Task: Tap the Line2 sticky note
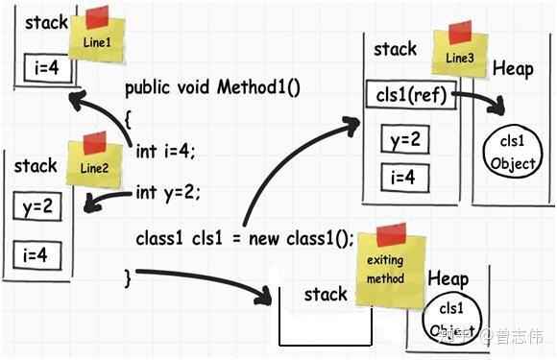94,163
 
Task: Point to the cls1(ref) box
406,96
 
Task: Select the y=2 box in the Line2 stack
36,206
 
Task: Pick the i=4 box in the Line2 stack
36,255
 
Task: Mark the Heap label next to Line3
512,69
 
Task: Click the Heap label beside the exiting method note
448,278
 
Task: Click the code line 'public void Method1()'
212,88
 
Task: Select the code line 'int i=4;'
166,149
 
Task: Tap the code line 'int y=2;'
168,192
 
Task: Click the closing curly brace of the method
128,276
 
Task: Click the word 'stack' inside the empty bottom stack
326,295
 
